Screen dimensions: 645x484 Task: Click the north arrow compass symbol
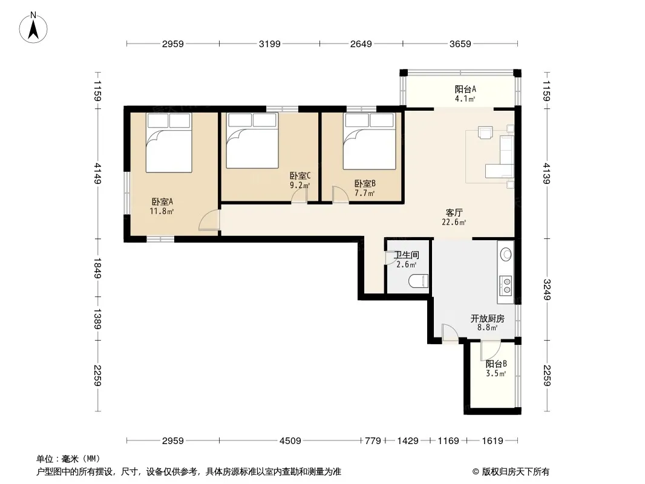point(33,28)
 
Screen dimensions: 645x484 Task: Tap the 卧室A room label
point(162,201)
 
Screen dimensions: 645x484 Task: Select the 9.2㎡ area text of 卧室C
point(300,185)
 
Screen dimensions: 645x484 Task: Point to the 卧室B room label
point(365,183)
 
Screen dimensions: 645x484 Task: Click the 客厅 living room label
point(454,212)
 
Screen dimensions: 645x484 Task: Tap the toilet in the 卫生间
point(419,281)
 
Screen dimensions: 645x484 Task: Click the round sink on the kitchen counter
point(506,255)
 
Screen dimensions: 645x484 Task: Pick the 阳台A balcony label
point(465,89)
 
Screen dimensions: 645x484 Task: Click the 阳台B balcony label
point(496,364)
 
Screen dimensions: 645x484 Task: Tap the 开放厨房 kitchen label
point(488,318)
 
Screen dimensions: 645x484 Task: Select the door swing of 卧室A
point(209,220)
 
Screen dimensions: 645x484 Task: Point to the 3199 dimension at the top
point(269,44)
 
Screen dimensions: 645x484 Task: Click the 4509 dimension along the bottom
point(290,441)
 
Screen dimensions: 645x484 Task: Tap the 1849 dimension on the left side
point(97,268)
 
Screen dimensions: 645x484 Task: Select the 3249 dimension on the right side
point(547,290)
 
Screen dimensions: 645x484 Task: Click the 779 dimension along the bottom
point(373,441)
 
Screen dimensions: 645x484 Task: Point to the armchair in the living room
point(485,132)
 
